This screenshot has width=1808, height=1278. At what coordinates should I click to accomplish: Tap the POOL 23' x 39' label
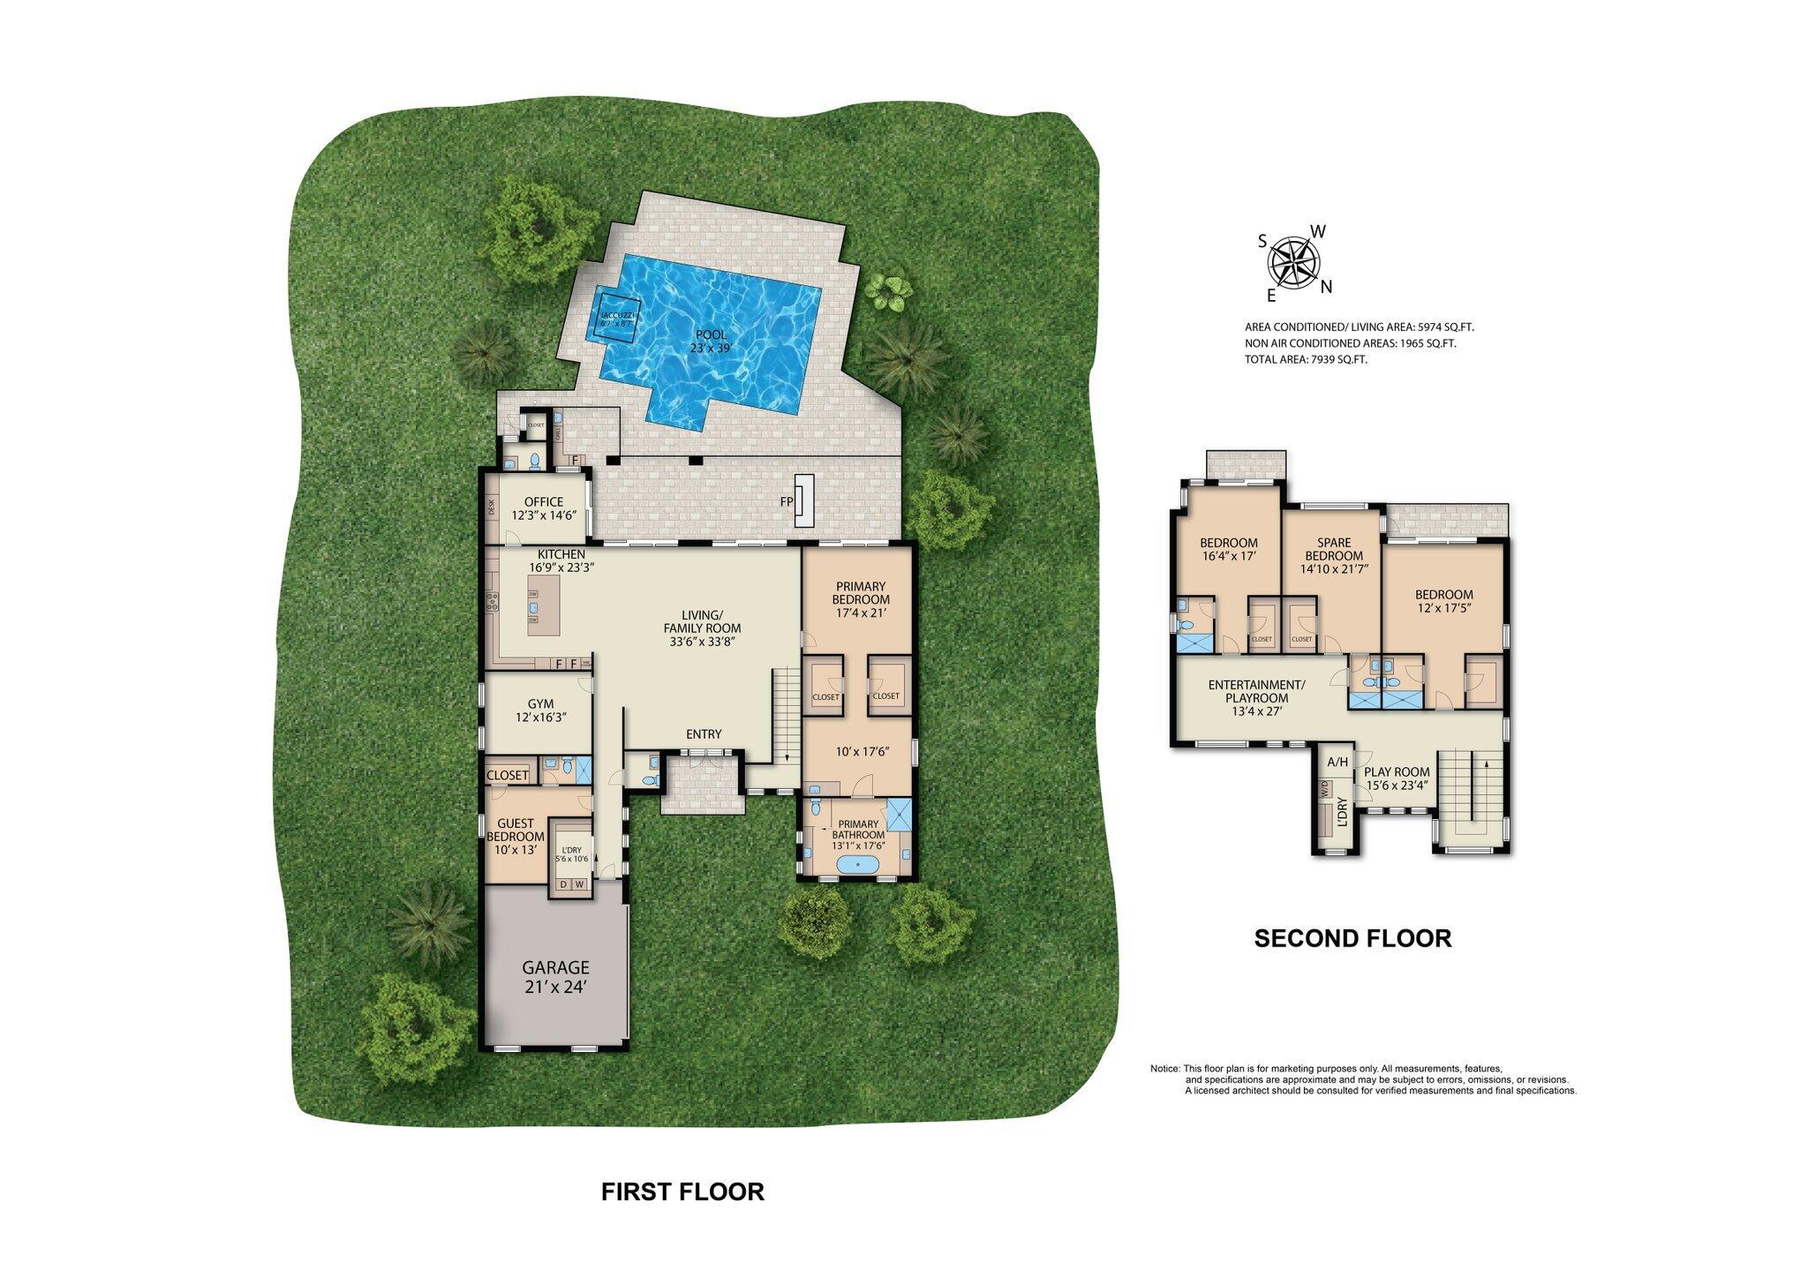click(711, 341)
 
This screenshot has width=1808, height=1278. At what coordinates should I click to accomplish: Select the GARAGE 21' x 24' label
click(555, 978)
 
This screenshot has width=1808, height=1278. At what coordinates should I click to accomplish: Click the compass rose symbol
click(1293, 261)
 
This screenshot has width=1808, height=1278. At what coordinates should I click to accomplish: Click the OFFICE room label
click(543, 507)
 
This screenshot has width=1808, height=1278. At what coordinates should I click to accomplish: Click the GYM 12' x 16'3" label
click(540, 710)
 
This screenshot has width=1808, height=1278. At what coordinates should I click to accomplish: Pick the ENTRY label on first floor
click(704, 734)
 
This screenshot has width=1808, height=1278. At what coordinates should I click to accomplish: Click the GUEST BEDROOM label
click(515, 830)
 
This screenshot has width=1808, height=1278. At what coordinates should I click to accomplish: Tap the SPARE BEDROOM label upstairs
click(1333, 549)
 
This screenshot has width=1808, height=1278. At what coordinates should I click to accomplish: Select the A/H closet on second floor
click(1337, 762)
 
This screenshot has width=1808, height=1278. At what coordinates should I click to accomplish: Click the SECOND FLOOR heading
click(1352, 938)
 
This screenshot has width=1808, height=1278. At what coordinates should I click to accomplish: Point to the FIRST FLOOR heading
click(682, 1192)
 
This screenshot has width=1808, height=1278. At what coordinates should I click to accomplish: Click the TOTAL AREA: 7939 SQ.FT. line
click(1306, 359)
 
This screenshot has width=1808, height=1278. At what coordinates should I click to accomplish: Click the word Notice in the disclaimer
click(1164, 1069)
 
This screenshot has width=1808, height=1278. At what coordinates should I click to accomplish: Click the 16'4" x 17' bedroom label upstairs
click(1228, 549)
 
